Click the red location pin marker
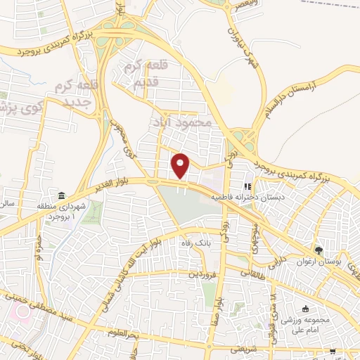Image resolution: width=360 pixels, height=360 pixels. click(x=181, y=166)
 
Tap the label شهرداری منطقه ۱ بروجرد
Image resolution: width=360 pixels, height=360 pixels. click(x=61, y=212)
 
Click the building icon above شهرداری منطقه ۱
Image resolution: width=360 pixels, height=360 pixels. click(x=61, y=195)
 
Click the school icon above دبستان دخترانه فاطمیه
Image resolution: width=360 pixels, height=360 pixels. click(x=247, y=187)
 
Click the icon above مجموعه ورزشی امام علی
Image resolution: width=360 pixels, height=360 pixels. click(x=306, y=309)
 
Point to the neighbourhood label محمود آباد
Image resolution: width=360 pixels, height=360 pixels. click(x=181, y=122)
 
